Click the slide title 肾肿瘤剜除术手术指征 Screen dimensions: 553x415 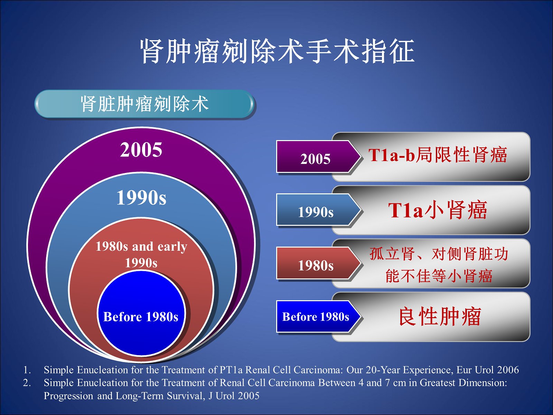(277, 51)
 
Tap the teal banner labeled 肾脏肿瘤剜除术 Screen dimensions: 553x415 (144, 104)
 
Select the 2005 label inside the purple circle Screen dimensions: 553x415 (141, 150)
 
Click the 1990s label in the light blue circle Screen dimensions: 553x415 (141, 197)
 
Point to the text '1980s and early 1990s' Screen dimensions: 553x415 (141, 255)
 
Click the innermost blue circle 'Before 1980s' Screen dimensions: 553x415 (141, 313)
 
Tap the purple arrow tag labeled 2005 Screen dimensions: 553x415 (318, 157)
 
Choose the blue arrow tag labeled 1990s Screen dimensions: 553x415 (318, 210)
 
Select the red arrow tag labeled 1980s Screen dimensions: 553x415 (318, 263)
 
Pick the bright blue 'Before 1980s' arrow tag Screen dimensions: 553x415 (318, 317)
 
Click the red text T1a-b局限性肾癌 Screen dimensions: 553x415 (438, 155)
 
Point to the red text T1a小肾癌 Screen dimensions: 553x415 (438, 210)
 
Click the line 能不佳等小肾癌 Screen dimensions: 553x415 (439, 275)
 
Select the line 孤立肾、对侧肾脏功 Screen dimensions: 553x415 (439, 253)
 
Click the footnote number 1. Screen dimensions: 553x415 (27, 370)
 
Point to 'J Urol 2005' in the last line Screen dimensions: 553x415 (234, 396)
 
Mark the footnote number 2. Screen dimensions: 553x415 (27, 383)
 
